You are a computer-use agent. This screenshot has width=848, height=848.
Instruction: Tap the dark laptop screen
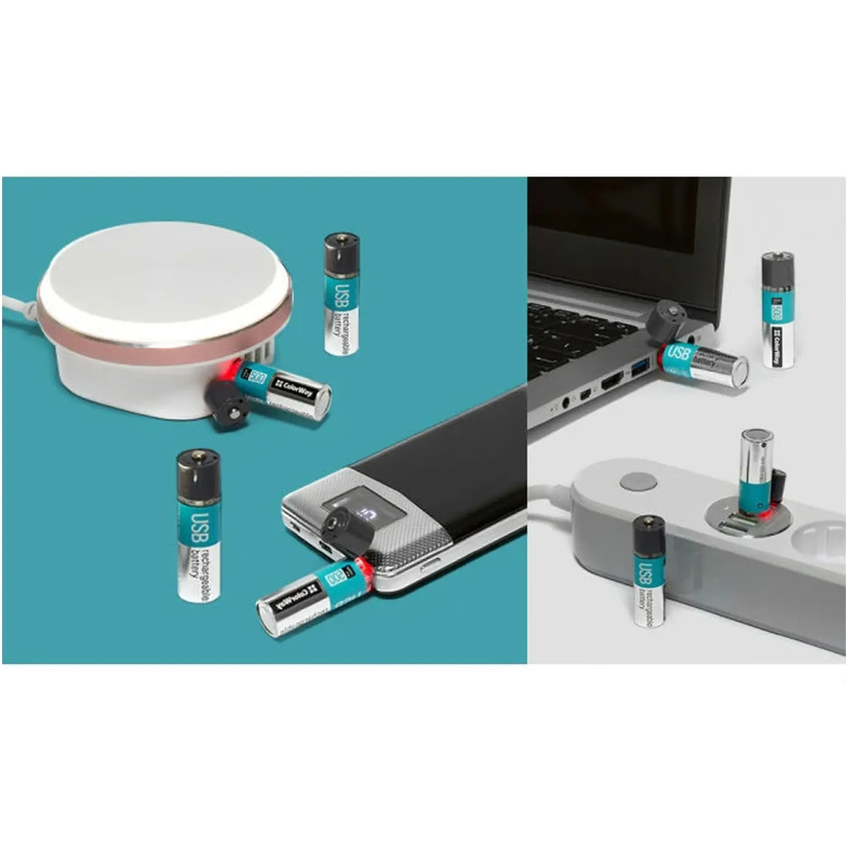click(614, 220)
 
